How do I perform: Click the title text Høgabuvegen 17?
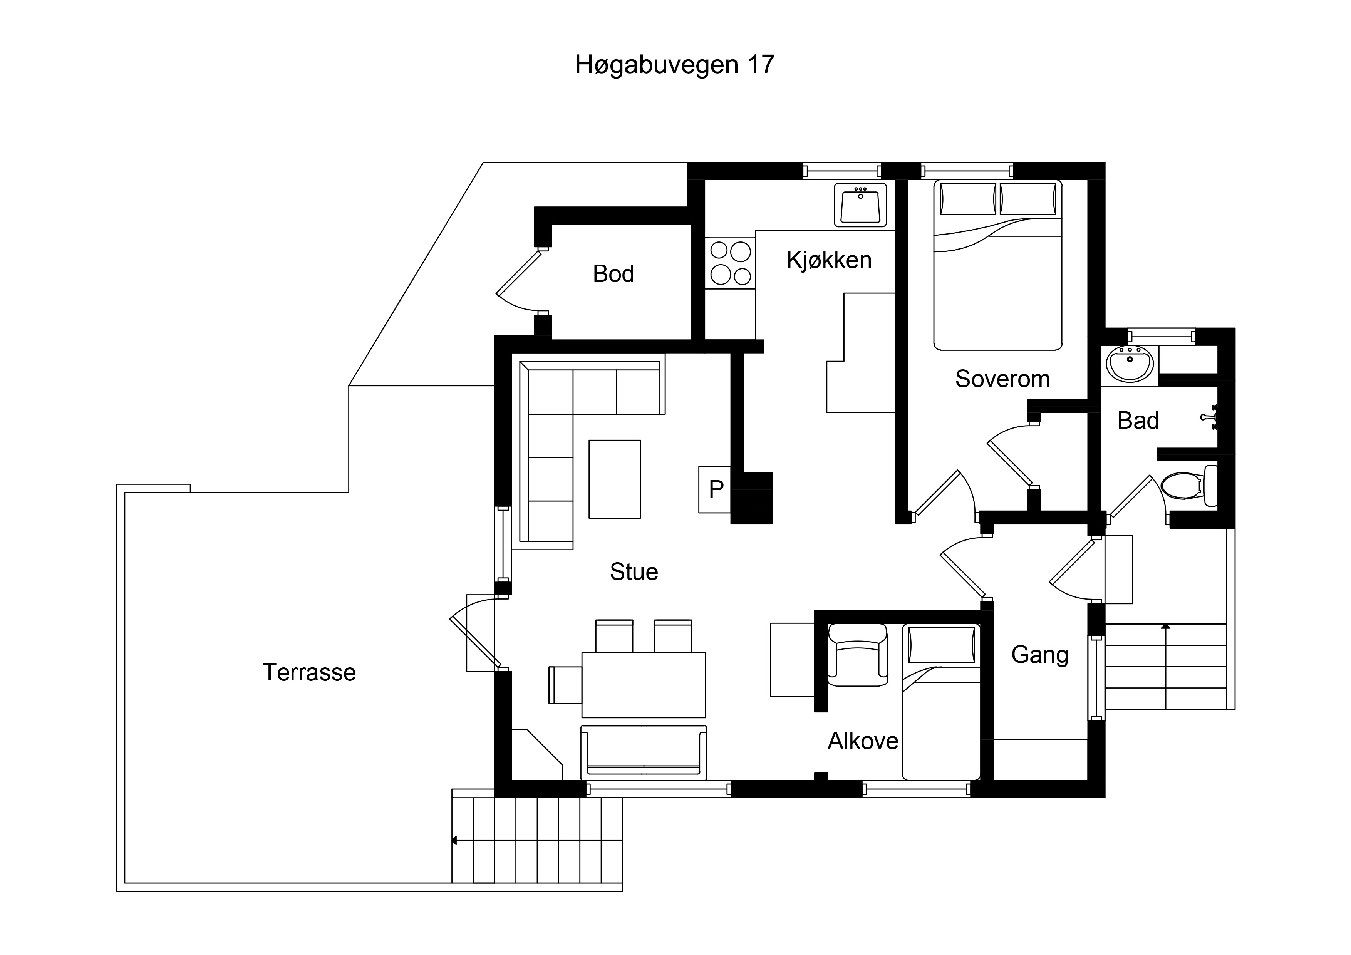pos(674,65)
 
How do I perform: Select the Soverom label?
pos(1002,379)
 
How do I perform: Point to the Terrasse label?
pos(309,673)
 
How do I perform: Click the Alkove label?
pos(863,741)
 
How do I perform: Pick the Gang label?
pos(1040,655)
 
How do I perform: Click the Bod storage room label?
pos(613,274)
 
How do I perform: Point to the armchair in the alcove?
pos(857,655)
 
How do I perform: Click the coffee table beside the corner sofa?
pos(614,479)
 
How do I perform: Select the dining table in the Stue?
pos(643,685)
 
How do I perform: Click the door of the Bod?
pos(518,274)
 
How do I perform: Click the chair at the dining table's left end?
pos(565,685)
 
